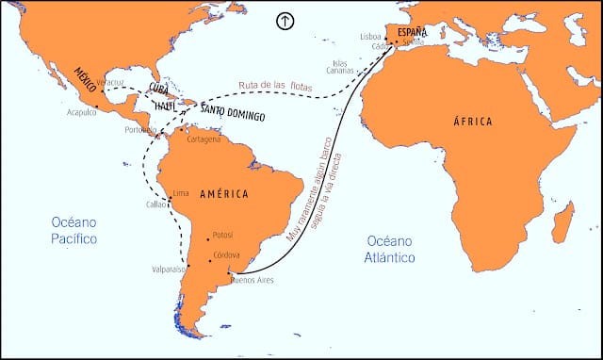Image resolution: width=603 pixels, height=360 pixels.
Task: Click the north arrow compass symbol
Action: tap(284, 21)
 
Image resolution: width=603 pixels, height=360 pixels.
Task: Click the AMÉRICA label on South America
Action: tap(224, 194)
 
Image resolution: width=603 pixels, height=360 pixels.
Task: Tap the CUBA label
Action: tap(158, 89)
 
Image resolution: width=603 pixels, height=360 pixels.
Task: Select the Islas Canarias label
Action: tap(340, 67)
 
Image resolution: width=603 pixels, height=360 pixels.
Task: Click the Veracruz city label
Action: tap(111, 82)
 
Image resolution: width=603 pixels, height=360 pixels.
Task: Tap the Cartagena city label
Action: tap(204, 139)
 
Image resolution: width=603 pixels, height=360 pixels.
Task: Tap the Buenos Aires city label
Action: tap(252, 280)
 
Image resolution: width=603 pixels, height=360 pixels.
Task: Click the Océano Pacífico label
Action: tap(74, 231)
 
